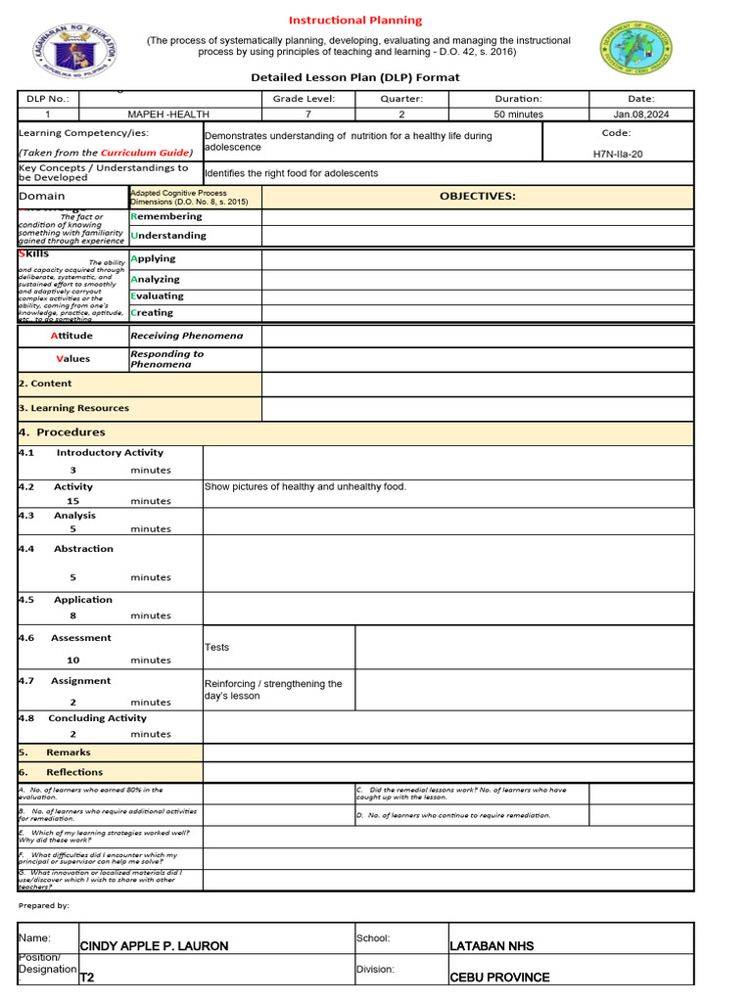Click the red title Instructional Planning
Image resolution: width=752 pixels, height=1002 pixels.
click(x=354, y=20)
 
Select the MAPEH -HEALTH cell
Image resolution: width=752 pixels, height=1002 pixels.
click(x=168, y=114)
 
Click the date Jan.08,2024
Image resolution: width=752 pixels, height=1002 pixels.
click(x=640, y=114)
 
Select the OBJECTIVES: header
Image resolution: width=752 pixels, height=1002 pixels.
click(x=477, y=197)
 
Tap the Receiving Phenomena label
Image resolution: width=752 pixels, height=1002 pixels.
click(x=186, y=336)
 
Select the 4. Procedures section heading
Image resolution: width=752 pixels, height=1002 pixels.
click(x=62, y=433)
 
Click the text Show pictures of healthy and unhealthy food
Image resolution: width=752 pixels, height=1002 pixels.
click(x=305, y=486)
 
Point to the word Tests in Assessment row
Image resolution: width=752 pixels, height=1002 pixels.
click(x=216, y=647)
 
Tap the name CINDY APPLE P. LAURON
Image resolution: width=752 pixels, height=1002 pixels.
click(x=154, y=946)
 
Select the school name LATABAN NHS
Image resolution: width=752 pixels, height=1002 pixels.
click(x=492, y=946)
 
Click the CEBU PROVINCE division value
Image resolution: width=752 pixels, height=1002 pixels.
click(x=499, y=978)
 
